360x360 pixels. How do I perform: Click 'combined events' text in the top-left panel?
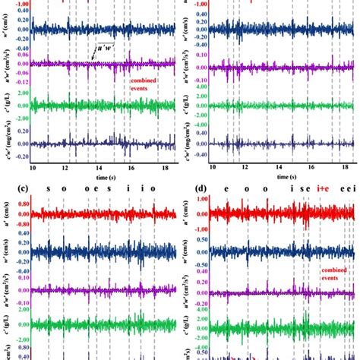144,83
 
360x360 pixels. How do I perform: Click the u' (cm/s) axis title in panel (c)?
5,216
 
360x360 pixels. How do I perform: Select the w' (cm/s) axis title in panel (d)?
186,254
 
